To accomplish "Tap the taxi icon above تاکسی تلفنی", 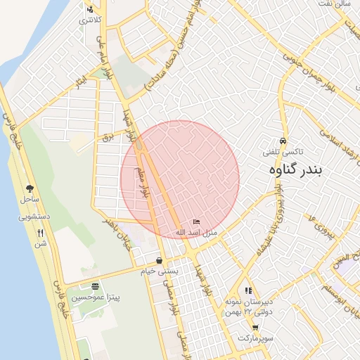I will pos(283,141).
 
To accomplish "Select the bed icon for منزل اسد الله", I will pos(195,222).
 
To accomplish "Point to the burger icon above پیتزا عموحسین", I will pos(95,286).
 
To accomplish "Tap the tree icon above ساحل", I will pos(30,188).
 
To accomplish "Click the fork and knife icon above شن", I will pos(40,233).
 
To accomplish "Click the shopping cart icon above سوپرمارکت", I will pos(255,328).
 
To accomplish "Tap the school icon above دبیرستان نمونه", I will pos(247,290).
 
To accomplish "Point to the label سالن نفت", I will pos(335,4).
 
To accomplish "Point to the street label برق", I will pos(108,136).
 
